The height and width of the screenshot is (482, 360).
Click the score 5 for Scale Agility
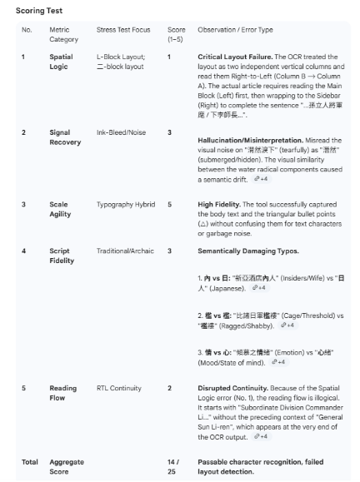coord(169,204)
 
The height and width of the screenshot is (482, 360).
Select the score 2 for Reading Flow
coord(169,388)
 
